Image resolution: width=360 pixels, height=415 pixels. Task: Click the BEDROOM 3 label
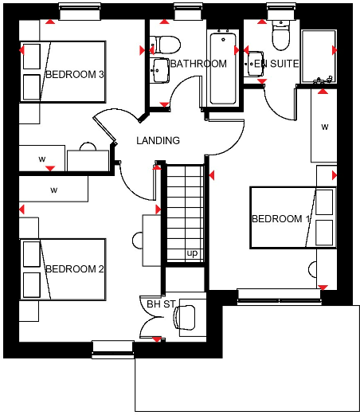coord(75,74)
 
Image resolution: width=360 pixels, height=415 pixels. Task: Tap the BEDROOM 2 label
coord(75,268)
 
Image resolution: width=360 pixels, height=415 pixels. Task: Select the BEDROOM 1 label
coord(281,219)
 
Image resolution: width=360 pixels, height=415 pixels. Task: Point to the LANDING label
coord(158,141)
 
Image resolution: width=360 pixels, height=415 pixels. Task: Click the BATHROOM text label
coord(198,64)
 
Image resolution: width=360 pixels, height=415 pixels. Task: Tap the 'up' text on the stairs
coord(192,253)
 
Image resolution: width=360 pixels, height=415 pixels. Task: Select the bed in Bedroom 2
coord(62,269)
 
